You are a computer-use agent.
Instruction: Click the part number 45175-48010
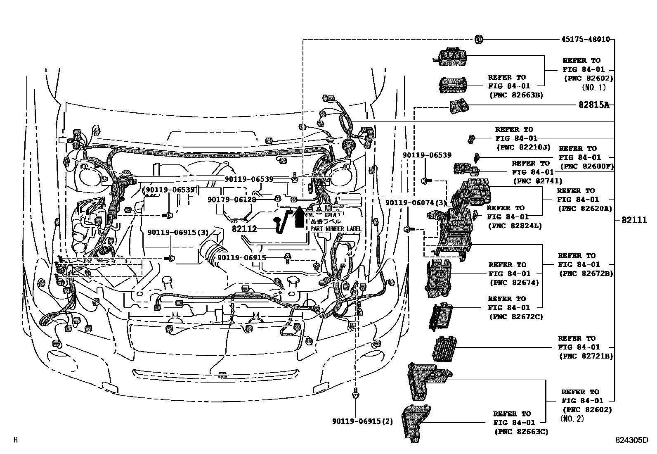(x=585, y=40)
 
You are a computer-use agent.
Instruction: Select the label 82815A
(x=593, y=105)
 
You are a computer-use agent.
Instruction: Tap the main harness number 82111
(x=634, y=220)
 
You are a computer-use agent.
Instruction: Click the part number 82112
(x=244, y=229)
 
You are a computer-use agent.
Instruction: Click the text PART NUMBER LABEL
(x=336, y=229)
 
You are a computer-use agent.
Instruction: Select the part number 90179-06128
(x=232, y=200)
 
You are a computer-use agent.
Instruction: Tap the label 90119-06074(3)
(x=416, y=203)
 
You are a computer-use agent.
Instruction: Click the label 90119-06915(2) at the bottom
(x=362, y=421)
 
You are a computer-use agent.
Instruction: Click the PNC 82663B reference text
(x=516, y=95)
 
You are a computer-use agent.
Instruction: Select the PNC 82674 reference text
(x=514, y=283)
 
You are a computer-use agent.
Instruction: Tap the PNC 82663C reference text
(x=521, y=432)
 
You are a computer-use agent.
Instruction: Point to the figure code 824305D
(x=631, y=440)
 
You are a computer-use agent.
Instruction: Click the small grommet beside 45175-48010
(x=479, y=39)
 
